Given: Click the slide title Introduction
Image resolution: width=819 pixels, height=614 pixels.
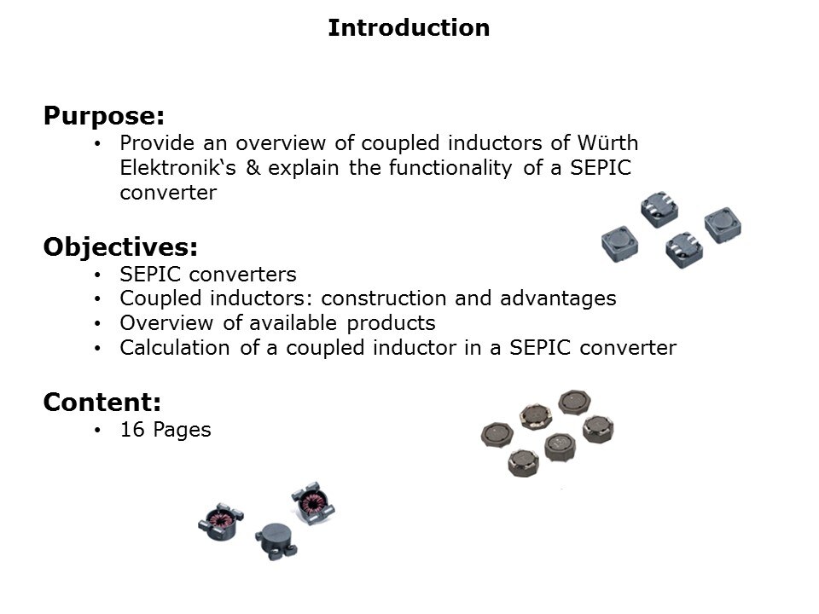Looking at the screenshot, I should tap(409, 28).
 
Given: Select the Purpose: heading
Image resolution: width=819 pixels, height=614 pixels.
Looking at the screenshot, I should tap(103, 114).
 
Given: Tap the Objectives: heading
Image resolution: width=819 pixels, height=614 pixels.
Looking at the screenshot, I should tap(120, 247).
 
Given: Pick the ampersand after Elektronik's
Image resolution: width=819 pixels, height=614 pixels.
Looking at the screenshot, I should tap(253, 168).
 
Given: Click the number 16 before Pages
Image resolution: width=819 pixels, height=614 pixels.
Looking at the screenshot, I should tap(132, 430).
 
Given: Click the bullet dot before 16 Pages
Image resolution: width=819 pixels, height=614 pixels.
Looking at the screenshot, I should tap(98, 431).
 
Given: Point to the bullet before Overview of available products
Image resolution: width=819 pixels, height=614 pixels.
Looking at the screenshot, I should tap(98, 324).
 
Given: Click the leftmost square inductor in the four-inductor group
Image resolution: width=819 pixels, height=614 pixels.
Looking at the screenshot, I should tap(619, 242).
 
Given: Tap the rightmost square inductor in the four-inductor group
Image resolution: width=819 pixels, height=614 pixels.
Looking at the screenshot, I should tap(723, 225).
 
